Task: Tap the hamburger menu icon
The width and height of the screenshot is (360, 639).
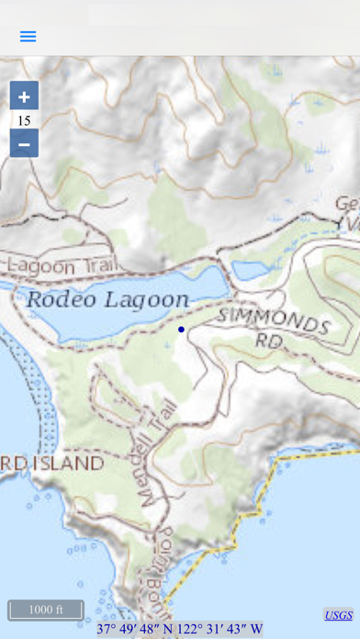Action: pyautogui.click(x=28, y=37)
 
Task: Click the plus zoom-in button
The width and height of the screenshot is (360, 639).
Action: pyautogui.click(x=24, y=96)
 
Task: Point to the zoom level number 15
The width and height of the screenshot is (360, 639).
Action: pyautogui.click(x=24, y=120)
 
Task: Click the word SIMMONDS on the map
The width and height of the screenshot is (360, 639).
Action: pyautogui.click(x=274, y=320)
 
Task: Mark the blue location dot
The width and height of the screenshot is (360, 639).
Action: pyautogui.click(x=181, y=329)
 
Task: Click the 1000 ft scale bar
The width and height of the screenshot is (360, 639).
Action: pyautogui.click(x=46, y=610)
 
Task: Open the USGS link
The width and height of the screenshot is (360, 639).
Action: pyautogui.click(x=338, y=615)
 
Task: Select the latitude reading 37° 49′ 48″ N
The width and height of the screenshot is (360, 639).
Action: pyautogui.click(x=138, y=629)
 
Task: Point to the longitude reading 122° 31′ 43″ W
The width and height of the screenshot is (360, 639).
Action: pyautogui.click(x=221, y=629)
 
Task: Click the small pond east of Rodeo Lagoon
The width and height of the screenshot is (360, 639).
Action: pyautogui.click(x=248, y=270)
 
